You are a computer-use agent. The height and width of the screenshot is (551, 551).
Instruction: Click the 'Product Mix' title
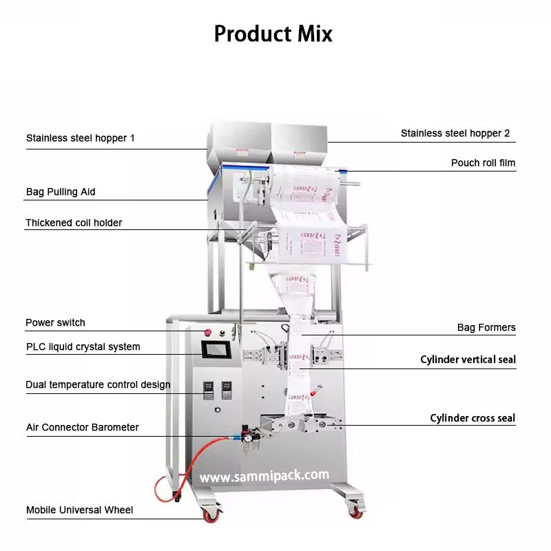pos(273,33)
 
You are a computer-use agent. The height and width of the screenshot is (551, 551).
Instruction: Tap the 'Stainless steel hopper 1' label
pos(81,138)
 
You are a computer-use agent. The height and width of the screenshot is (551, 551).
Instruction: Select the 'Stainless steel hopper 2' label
pos(455,133)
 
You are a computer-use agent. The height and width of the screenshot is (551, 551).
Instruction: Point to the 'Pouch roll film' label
pos(483,163)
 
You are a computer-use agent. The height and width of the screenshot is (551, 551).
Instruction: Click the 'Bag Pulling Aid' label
pos(61,191)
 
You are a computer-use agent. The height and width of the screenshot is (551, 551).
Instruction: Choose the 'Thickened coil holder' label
pos(74,222)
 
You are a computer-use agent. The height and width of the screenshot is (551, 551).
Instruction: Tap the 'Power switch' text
pos(55,322)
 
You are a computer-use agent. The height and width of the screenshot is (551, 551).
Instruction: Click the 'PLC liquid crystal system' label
pos(83,346)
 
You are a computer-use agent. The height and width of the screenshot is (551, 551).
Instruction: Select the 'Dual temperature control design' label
pos(98,384)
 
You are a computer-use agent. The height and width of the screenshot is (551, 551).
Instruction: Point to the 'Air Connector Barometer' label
pos(82,427)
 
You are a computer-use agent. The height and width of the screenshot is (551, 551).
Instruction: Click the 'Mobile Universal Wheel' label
pos(80,510)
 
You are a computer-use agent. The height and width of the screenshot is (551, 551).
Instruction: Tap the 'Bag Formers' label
pos(486,327)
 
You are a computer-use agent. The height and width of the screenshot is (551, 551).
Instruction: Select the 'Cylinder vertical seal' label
pos(468,360)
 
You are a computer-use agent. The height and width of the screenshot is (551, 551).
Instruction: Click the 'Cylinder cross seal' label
pos(472,418)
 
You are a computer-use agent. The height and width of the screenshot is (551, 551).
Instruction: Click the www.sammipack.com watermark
pos(264,476)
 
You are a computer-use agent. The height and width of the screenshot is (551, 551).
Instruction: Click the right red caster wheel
pos(355,512)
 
